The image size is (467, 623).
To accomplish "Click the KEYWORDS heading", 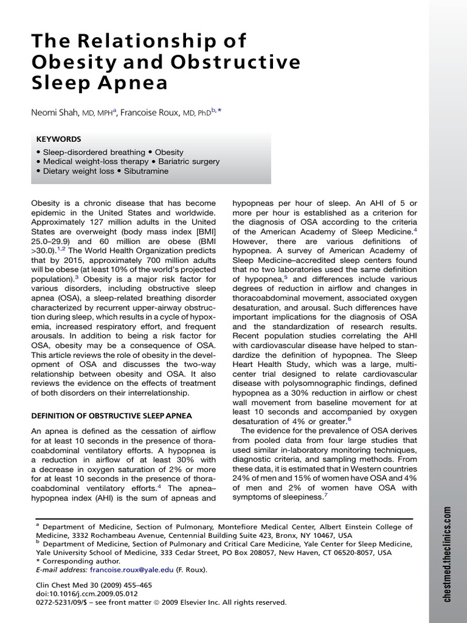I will (x=58, y=139).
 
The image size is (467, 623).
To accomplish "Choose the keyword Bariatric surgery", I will (x=189, y=161).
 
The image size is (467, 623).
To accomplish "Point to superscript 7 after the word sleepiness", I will (x=326, y=496).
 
